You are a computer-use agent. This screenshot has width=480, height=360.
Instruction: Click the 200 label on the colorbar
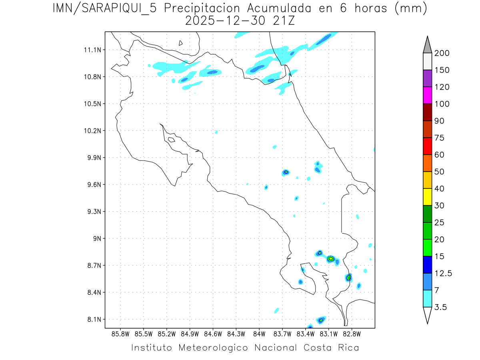(442, 53)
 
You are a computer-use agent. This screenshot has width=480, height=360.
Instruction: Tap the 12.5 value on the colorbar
(443, 273)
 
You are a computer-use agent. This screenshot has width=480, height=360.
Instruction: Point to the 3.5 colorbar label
(441, 307)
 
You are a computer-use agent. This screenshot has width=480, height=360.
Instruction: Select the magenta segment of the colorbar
(427, 95)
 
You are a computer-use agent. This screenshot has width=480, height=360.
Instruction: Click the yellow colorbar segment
(427, 197)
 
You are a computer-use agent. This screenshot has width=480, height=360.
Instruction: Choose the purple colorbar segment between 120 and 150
(427, 78)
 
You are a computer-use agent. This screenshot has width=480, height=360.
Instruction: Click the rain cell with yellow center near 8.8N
(331, 259)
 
